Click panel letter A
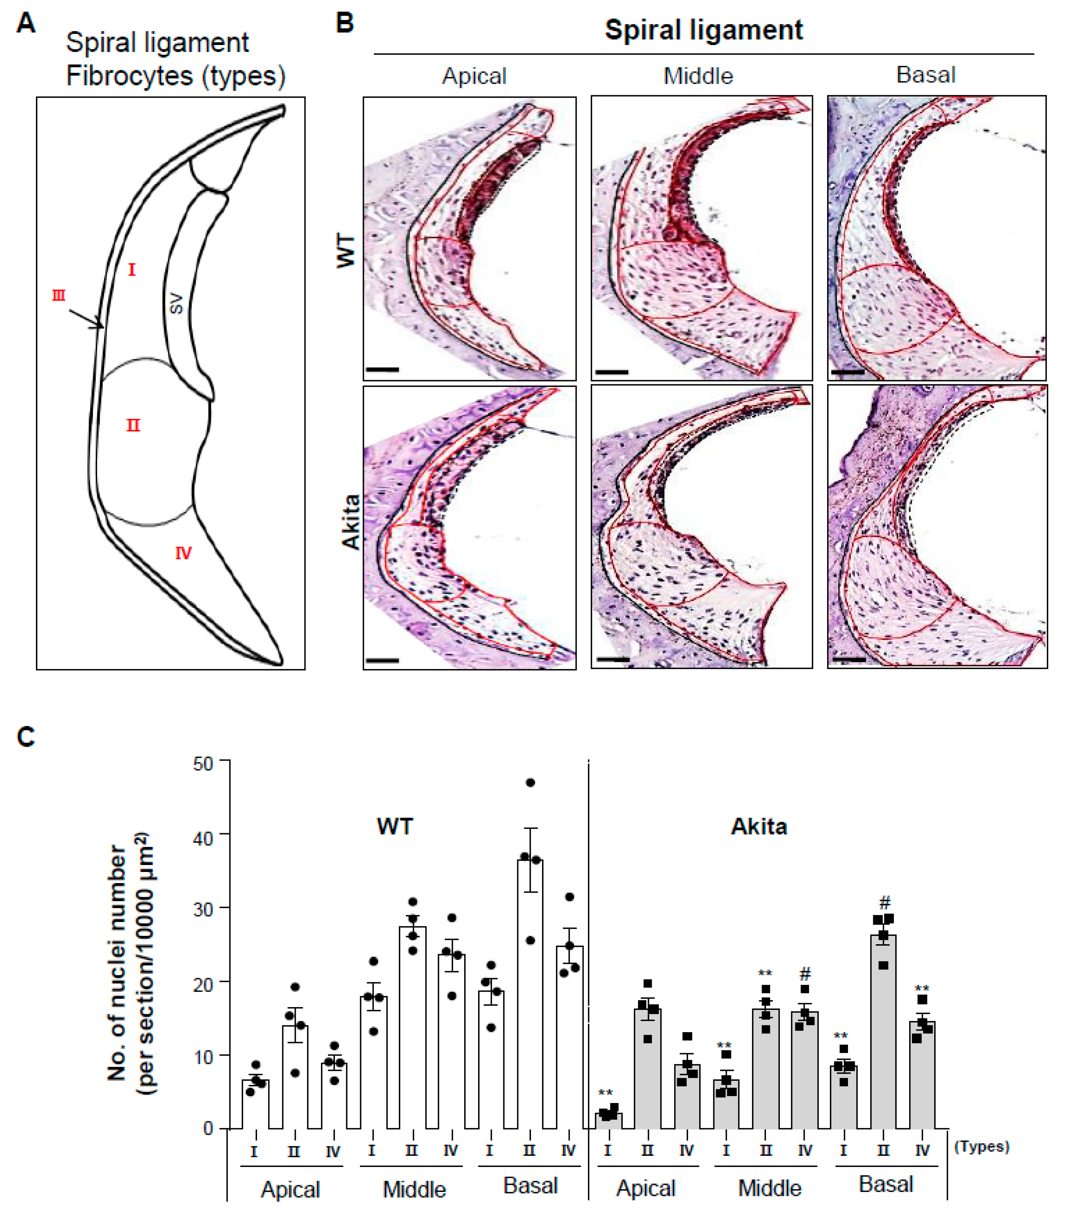pos(25,24)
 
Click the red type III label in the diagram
pos(58,295)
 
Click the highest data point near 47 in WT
pos(531,783)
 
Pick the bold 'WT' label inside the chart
pos(394,827)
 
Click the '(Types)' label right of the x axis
pos(981,1147)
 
